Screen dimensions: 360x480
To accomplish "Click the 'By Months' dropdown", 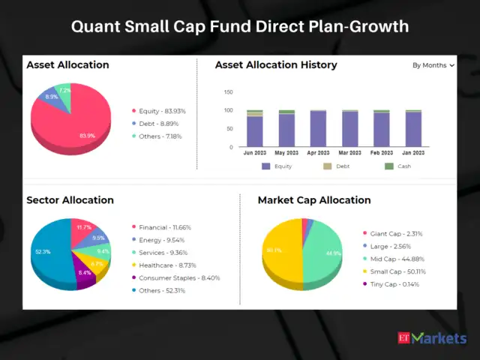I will point(433,65).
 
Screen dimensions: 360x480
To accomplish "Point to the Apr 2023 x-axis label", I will point(318,153).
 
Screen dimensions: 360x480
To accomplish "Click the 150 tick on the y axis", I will point(229,92).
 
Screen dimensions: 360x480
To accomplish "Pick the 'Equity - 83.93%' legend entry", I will point(158,111).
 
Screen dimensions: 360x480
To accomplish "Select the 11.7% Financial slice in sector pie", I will point(83,229).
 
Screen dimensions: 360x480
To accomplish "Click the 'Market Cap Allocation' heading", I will point(313,200).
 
